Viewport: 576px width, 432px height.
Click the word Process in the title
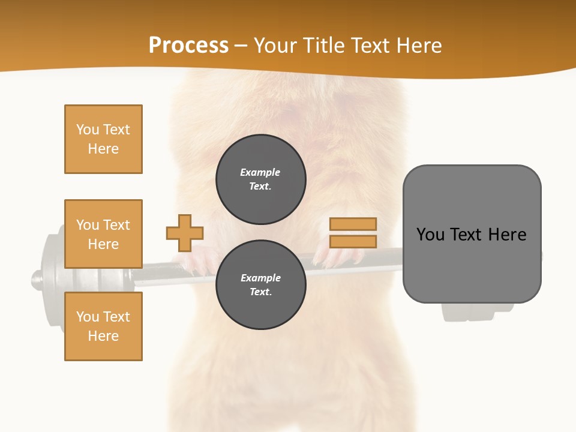[x=188, y=46]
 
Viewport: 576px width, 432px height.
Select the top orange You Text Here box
[x=103, y=139]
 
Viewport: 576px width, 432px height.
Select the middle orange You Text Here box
[x=103, y=234]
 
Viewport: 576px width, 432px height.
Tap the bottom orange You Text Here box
[x=103, y=326]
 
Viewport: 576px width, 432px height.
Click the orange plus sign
[x=185, y=233]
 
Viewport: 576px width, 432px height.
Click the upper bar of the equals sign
[x=353, y=224]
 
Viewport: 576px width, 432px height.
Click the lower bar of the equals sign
[x=353, y=241]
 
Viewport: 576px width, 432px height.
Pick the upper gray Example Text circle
[x=260, y=179]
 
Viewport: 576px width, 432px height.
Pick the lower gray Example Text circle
[x=260, y=284]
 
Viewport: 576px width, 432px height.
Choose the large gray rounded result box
[x=472, y=234]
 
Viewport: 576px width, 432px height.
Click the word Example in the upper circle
[x=260, y=172]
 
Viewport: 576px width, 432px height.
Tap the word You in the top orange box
[x=88, y=130]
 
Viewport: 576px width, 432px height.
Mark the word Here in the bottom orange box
[x=103, y=336]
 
